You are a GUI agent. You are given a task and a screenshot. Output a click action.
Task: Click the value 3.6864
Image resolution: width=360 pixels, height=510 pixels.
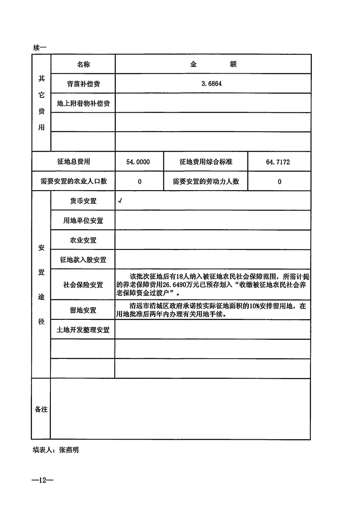(x=212, y=84)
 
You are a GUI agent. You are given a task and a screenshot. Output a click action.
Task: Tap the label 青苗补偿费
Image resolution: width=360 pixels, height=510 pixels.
(x=83, y=84)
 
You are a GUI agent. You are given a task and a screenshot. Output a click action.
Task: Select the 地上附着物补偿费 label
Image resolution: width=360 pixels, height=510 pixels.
(x=83, y=103)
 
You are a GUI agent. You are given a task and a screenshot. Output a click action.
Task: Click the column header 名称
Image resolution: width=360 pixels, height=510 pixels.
(x=83, y=64)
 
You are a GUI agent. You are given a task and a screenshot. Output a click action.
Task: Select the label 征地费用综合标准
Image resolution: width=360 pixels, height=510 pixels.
(x=206, y=162)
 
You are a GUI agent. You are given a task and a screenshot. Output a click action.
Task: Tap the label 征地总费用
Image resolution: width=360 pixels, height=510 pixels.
(x=73, y=162)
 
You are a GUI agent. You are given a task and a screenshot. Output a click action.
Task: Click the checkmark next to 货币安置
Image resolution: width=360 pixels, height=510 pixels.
(x=121, y=201)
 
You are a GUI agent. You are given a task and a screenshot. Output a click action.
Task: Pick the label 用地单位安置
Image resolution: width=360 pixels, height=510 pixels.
(x=83, y=221)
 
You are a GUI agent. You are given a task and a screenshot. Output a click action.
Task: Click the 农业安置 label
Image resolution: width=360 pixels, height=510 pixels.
(x=83, y=240)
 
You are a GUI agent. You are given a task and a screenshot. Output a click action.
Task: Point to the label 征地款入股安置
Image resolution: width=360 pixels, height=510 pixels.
(x=83, y=260)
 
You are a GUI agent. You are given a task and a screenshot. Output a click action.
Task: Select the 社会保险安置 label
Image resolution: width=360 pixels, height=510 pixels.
(x=83, y=285)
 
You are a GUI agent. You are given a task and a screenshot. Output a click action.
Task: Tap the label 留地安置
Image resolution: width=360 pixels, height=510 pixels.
(x=83, y=310)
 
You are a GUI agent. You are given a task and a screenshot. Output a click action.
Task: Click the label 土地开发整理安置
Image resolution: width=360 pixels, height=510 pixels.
(x=83, y=330)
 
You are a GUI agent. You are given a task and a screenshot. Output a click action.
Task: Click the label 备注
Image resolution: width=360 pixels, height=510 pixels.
(x=41, y=409)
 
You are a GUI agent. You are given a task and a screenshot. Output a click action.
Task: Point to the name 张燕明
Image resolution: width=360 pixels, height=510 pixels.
(x=69, y=450)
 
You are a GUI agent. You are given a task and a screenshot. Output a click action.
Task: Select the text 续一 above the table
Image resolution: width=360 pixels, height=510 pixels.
(x=39, y=48)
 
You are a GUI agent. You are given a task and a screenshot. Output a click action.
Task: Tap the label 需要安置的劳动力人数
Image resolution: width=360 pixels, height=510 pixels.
(x=206, y=181)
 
